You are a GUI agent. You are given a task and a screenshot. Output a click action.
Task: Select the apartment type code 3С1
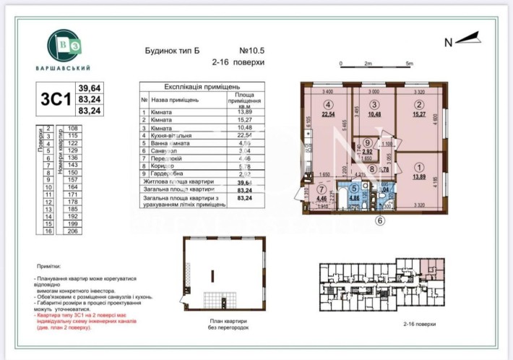pos(55,99)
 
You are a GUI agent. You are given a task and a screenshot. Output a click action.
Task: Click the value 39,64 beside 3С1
pos(90,88)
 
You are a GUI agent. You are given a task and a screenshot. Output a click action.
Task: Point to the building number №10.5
pos(253,51)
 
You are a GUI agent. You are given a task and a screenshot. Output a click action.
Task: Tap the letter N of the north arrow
pos(448,42)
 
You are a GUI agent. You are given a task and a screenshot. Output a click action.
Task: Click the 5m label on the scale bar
pos(410,64)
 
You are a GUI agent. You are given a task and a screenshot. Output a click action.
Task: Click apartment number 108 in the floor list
pos(72,128)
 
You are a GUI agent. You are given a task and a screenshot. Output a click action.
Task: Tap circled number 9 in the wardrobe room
pos(368,143)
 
